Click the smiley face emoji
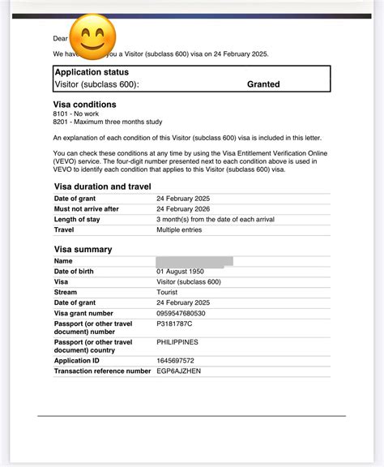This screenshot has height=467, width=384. (x=93, y=37)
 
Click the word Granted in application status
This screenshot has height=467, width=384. (x=263, y=84)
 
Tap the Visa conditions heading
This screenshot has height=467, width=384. (x=84, y=105)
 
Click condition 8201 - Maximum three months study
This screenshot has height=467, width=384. (x=107, y=122)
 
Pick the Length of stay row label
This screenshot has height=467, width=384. (x=77, y=220)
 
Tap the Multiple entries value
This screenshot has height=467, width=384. (x=179, y=230)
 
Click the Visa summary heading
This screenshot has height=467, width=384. (x=83, y=249)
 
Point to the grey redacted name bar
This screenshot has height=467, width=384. (x=194, y=261)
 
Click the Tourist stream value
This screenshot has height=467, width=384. (x=168, y=292)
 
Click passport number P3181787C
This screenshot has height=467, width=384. (x=174, y=323)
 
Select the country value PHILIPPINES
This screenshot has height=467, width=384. (x=177, y=342)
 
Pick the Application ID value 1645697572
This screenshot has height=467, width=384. (x=177, y=361)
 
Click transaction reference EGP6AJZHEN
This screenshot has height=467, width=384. (x=178, y=371)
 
